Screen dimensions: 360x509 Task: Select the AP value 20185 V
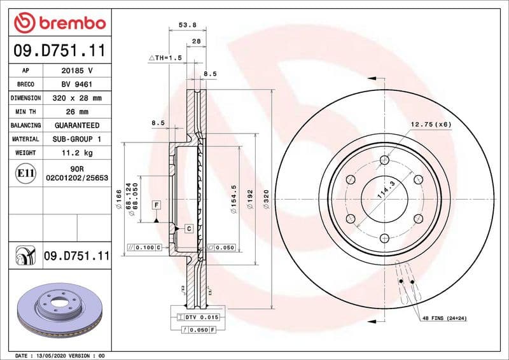(76, 71)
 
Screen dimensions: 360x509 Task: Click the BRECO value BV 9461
(76, 84)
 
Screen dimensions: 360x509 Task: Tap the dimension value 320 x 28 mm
(76, 98)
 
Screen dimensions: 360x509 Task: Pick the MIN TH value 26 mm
(76, 112)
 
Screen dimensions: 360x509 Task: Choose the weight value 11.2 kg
(76, 153)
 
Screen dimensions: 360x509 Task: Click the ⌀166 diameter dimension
(119, 198)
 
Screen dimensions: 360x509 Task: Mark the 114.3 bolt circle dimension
(384, 190)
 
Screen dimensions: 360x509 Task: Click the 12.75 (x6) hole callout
(430, 124)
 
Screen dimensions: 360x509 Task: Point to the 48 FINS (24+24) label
(448, 317)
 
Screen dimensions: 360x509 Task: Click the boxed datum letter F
(156, 205)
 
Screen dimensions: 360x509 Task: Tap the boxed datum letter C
(189, 228)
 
